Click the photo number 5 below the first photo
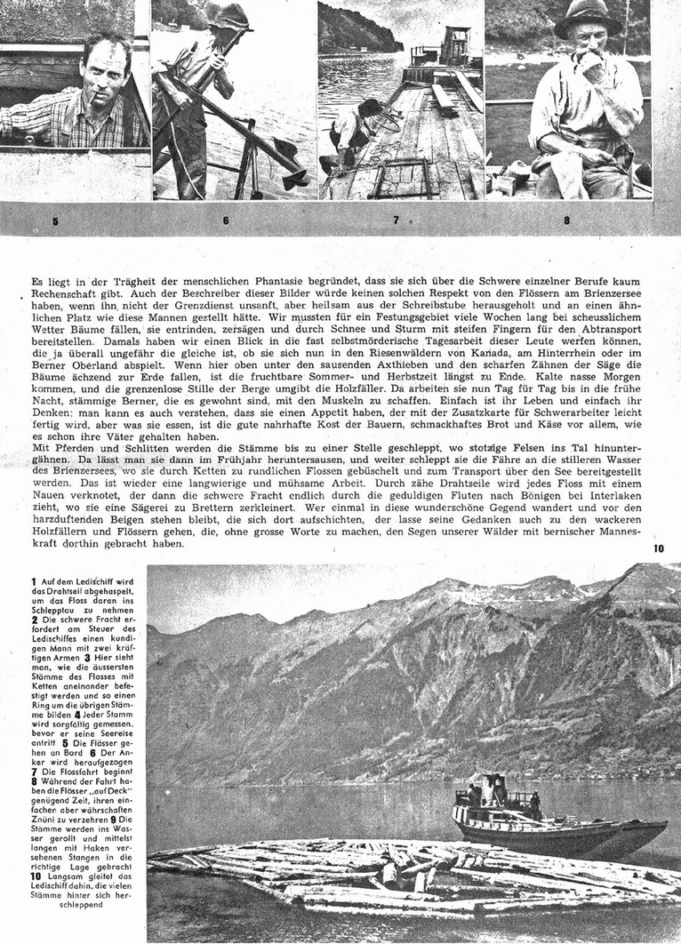coord(55,221)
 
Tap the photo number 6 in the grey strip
coord(226,220)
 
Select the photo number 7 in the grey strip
coord(397,220)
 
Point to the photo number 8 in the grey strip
coord(566,220)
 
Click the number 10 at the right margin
coord(658,548)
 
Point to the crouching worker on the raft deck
coord(351,133)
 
